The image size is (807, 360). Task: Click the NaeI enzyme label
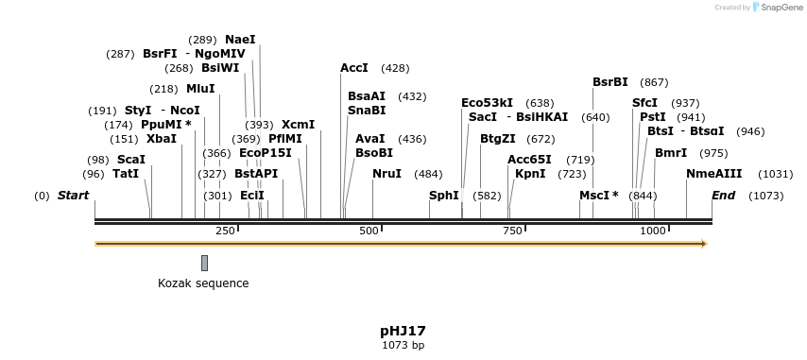pyautogui.click(x=240, y=40)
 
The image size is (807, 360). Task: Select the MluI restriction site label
pyautogui.click(x=200, y=89)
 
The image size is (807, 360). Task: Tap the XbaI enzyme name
pyautogui.click(x=162, y=139)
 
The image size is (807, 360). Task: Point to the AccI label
pyautogui.click(x=354, y=68)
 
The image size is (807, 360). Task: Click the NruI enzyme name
pyautogui.click(x=386, y=174)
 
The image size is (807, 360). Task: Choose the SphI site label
pyautogui.click(x=444, y=196)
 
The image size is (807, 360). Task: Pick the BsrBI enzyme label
pyautogui.click(x=610, y=82)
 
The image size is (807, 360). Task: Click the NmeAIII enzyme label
pyautogui.click(x=714, y=174)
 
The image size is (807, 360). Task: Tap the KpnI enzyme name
pyautogui.click(x=530, y=174)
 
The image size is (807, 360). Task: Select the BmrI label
pyautogui.click(x=671, y=153)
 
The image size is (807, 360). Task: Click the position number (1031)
pyautogui.click(x=776, y=174)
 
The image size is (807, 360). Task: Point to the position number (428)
pyautogui.click(x=395, y=68)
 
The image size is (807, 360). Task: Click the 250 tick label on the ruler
pyautogui.click(x=225, y=231)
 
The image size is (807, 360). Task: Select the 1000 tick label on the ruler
pyautogui.click(x=653, y=231)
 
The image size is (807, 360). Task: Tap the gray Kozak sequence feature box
pyautogui.click(x=204, y=263)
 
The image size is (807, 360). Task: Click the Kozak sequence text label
pyautogui.click(x=203, y=283)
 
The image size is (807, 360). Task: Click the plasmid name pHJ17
pyautogui.click(x=403, y=331)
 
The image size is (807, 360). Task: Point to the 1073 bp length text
pyautogui.click(x=403, y=346)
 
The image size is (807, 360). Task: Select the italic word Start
pyautogui.click(x=73, y=196)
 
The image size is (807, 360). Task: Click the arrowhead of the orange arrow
pyautogui.click(x=702, y=244)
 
